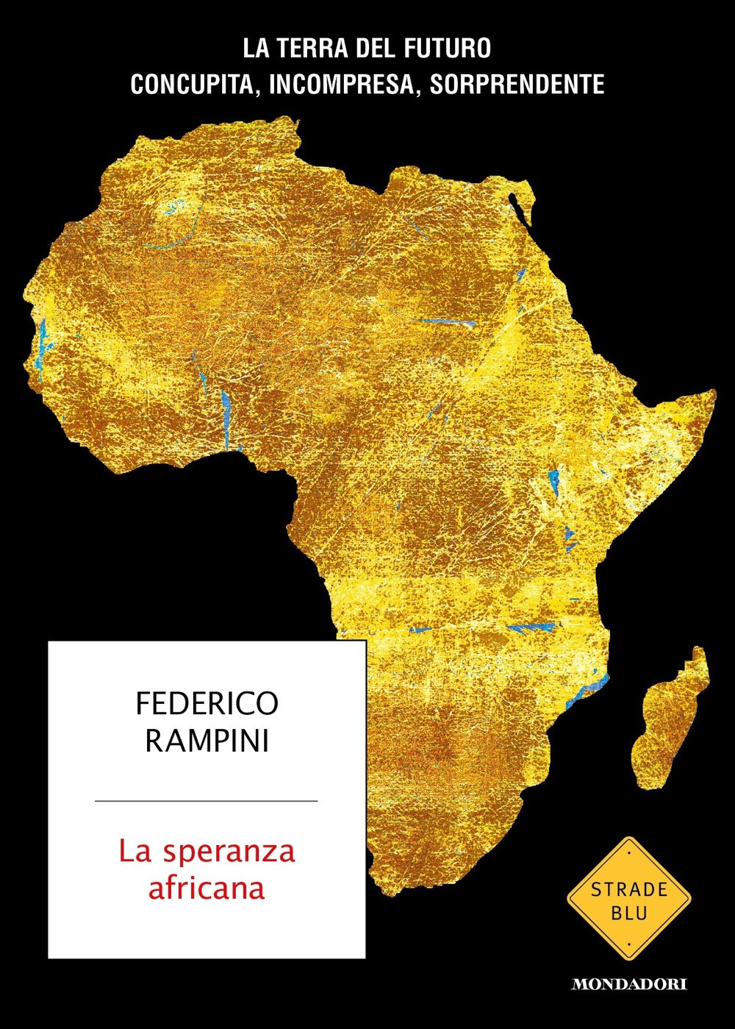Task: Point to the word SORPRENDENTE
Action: coord(517,85)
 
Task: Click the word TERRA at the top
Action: coord(319,50)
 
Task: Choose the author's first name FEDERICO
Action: coord(207,704)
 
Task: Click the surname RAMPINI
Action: coord(207,741)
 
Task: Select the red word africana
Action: coord(207,888)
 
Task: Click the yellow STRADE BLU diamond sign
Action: coord(628,898)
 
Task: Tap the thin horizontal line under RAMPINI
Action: coord(207,800)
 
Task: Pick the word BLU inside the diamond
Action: coord(629,914)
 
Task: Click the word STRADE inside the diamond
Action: coord(629,890)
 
